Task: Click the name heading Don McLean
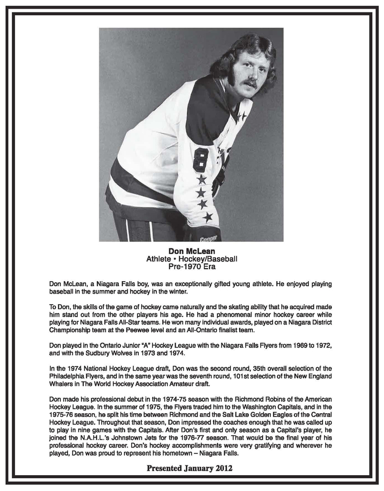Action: (x=191, y=251)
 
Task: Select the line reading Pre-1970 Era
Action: (x=191, y=266)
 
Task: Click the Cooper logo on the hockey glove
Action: (x=208, y=238)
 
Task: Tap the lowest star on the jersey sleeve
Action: (x=207, y=217)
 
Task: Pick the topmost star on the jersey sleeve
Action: (x=201, y=179)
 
